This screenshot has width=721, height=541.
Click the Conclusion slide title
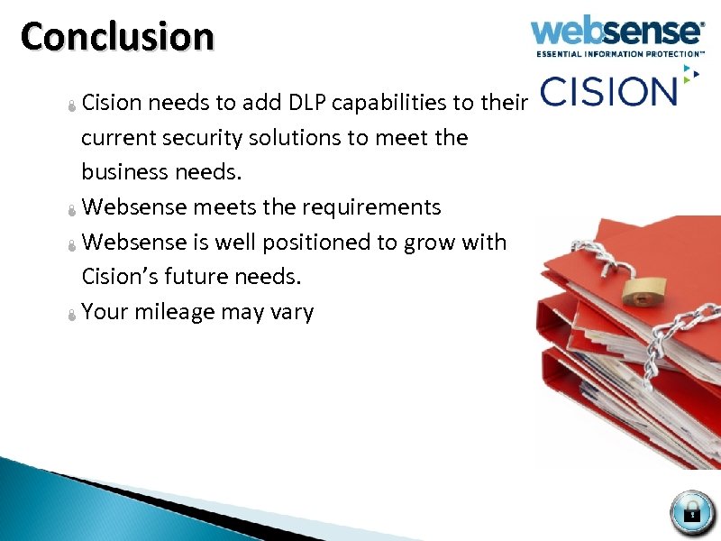(x=118, y=38)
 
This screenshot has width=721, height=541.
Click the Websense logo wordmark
(x=617, y=32)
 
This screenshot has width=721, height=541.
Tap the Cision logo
(x=608, y=91)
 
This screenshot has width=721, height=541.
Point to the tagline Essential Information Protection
(x=621, y=54)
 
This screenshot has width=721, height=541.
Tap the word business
(x=123, y=172)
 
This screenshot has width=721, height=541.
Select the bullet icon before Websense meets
(x=72, y=210)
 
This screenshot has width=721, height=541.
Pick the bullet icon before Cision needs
(x=72, y=105)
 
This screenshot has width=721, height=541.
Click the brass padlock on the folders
(x=641, y=289)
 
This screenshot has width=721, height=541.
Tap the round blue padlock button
(x=692, y=512)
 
